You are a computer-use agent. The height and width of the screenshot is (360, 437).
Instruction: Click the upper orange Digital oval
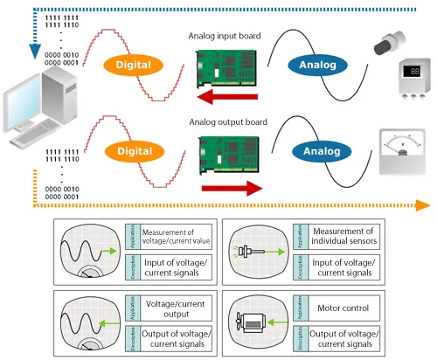pyautogui.click(x=134, y=65)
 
